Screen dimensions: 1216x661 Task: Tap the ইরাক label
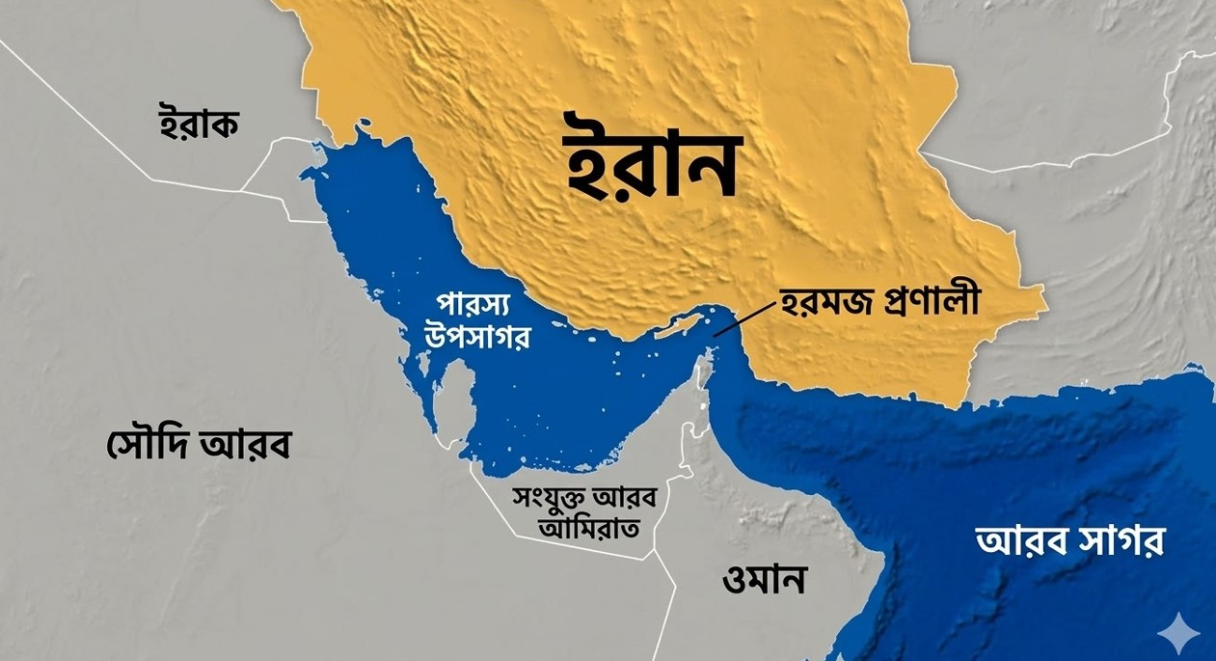198,124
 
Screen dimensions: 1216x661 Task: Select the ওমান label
765,580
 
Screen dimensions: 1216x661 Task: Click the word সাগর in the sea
1121,541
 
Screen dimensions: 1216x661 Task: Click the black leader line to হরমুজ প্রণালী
743,318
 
